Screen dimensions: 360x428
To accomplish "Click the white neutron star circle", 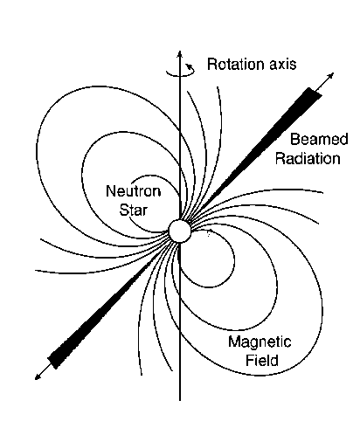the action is tap(180, 231).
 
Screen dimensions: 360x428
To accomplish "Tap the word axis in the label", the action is tap(282, 65).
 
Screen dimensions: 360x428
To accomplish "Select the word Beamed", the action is tap(319, 139).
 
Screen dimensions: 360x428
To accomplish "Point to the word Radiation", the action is tap(308, 159).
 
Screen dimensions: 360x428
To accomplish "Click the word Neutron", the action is tap(134, 191).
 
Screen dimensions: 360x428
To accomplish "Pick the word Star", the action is tap(134, 210).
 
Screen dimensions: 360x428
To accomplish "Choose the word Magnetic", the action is tap(260, 342).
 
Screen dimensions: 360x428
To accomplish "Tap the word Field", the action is tap(262, 360).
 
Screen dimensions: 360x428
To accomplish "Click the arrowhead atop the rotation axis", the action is tap(180, 54).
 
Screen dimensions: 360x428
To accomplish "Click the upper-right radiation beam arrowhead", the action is tap(330, 76).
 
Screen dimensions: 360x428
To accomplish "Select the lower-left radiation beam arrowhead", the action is tap(38, 376).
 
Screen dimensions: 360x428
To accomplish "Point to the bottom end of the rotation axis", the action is tap(180, 401).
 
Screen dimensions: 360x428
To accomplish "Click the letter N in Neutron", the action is tap(111, 191).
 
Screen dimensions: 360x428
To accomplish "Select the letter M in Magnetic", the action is tap(233, 342).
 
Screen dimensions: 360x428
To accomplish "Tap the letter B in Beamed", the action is tap(294, 139).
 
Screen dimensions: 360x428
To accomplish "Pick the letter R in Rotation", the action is tap(211, 64).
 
